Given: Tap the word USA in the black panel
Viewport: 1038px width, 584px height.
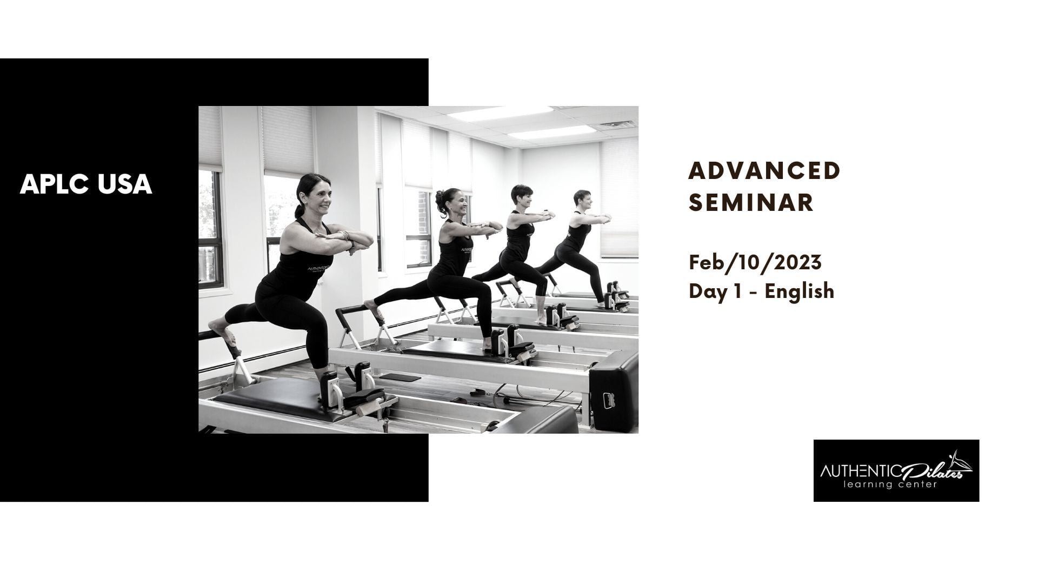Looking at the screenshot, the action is [x=125, y=184].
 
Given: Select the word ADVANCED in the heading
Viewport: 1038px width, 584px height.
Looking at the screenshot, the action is [x=764, y=171].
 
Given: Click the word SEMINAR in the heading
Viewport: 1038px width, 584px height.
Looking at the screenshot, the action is [x=751, y=203].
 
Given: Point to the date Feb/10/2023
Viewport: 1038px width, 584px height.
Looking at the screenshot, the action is [x=755, y=263].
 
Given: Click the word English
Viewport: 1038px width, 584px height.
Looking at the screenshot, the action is [x=800, y=291].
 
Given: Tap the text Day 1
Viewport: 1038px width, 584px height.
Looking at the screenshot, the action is [x=720, y=291].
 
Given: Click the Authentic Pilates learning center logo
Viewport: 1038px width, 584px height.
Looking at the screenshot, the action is [x=896, y=470].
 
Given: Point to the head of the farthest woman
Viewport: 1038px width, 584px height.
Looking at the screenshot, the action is [x=583, y=200].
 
